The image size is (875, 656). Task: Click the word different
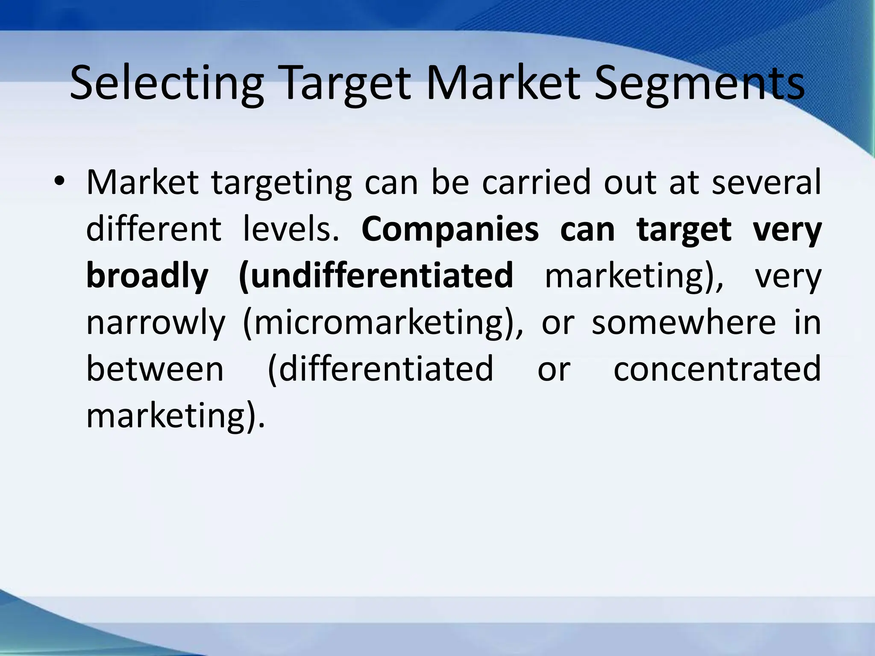point(154,229)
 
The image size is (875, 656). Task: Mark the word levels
point(291,229)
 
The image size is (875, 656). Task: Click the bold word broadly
point(147,276)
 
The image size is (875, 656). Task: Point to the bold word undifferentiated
point(376,276)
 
